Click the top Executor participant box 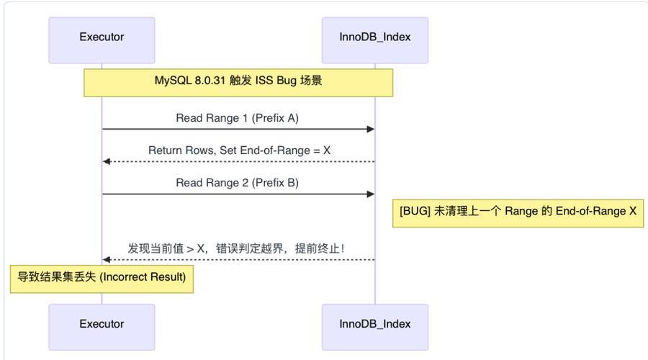tap(102, 37)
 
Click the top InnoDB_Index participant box tap(374, 37)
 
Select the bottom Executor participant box tap(102, 324)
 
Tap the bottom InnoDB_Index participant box tap(374, 324)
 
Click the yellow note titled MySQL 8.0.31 tap(238, 82)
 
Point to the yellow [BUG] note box tap(517, 212)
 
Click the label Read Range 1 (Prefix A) tap(237, 118)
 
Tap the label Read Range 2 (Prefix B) tap(237, 183)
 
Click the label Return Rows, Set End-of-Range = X tap(239, 150)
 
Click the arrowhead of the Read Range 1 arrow tap(371, 130)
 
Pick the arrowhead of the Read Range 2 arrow tap(371, 194)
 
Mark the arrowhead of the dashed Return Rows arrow tap(107, 161)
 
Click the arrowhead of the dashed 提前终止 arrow tap(107, 259)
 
